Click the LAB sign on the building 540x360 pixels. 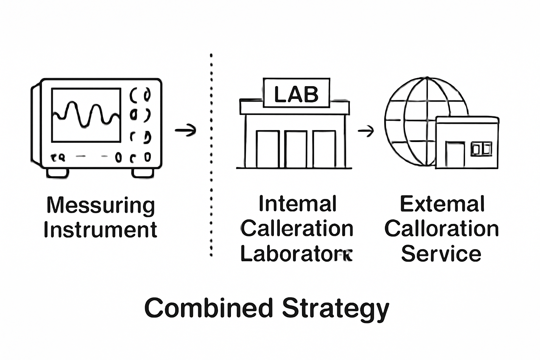296,93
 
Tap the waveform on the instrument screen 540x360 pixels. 86,115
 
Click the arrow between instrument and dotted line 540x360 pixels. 186,130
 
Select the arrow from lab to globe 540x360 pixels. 366,131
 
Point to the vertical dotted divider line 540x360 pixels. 211,155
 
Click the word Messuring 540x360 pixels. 101,205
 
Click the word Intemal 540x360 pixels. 297,204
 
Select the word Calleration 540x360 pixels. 297,229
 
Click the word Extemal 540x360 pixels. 442,204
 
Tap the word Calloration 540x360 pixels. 442,229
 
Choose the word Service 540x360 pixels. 441,253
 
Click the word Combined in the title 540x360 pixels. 209,308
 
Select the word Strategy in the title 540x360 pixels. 335,309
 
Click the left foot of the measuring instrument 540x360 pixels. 58,173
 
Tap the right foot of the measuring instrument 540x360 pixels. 143,173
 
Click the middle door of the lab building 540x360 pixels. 296,149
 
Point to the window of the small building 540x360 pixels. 481,149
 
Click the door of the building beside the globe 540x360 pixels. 455,155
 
